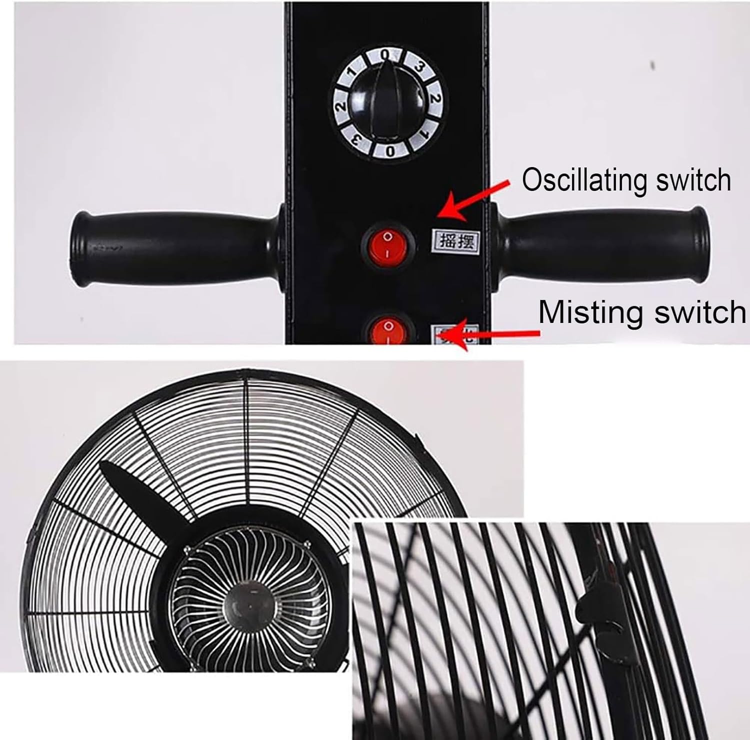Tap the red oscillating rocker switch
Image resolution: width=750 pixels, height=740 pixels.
click(x=388, y=243)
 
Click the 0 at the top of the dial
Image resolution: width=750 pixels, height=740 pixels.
click(x=385, y=54)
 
